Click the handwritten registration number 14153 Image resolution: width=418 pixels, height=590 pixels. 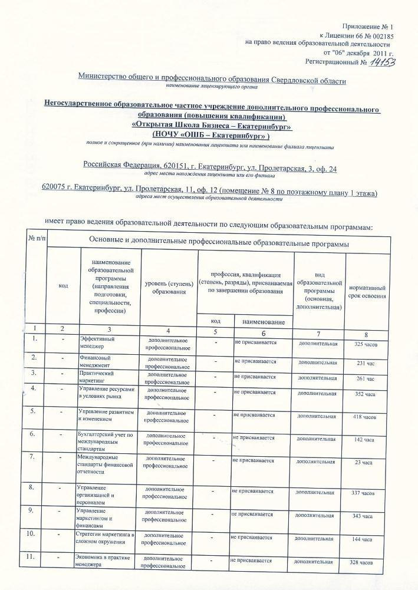point(381,62)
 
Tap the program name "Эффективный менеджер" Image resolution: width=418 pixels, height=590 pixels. point(97,343)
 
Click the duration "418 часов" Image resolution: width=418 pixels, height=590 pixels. point(364,417)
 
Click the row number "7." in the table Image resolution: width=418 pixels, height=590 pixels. point(35,457)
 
